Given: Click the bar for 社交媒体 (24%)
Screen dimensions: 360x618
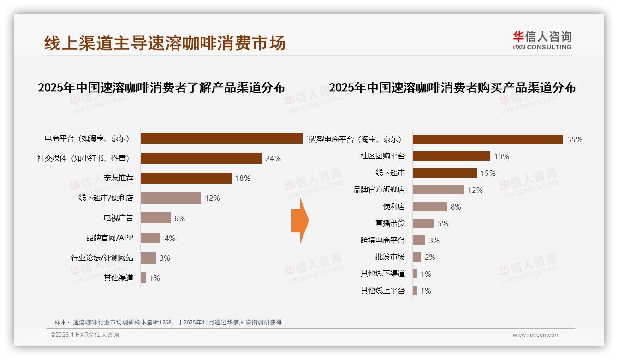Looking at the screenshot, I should click(201, 158).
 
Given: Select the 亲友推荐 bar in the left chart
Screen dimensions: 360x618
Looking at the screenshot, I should click(186, 178).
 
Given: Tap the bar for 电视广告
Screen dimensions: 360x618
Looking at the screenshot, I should click(155, 218).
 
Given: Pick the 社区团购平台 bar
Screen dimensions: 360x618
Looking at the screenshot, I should click(451, 156).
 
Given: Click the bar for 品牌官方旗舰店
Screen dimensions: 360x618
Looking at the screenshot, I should click(438, 190).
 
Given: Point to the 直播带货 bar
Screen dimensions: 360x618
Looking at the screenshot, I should click(423, 223).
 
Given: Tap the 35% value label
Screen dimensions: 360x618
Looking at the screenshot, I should click(575, 140).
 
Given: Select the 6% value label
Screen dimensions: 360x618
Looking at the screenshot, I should click(179, 218).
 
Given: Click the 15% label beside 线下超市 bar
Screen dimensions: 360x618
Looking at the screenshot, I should click(488, 174).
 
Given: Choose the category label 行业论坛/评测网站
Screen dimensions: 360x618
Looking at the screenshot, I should click(102, 258).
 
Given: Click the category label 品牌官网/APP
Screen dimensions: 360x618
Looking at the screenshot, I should click(110, 238).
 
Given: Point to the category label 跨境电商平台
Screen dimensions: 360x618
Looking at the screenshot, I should click(382, 240).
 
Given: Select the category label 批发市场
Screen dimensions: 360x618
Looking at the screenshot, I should click(390, 257).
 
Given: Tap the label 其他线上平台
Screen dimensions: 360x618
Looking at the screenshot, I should click(382, 291).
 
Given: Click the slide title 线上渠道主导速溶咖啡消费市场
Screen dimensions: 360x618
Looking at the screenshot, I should click(165, 42).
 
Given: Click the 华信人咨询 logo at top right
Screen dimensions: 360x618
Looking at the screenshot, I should click(542, 40).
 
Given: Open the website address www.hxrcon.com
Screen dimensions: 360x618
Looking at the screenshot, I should click(536, 335).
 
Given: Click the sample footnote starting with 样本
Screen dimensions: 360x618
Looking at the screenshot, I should click(168, 323).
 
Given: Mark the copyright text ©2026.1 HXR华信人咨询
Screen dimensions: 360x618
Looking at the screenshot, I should click(84, 335).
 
